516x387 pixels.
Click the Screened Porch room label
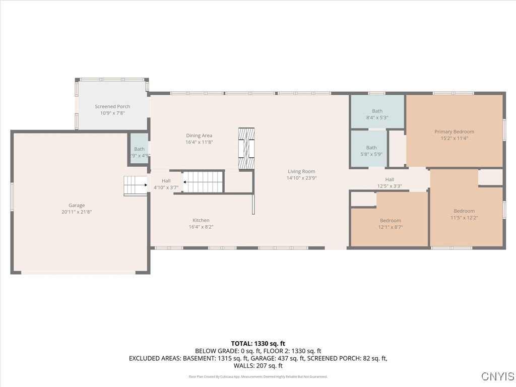click(x=112, y=106)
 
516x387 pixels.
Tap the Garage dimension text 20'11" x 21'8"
click(x=77, y=212)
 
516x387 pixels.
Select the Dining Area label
click(x=199, y=136)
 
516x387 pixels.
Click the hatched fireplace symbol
click(x=247, y=149)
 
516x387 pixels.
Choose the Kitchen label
click(x=201, y=220)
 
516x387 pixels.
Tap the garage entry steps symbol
click(x=135, y=185)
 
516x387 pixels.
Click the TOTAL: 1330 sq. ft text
click(x=258, y=344)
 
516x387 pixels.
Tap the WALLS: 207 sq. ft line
click(x=258, y=366)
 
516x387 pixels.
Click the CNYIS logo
click(x=497, y=376)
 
